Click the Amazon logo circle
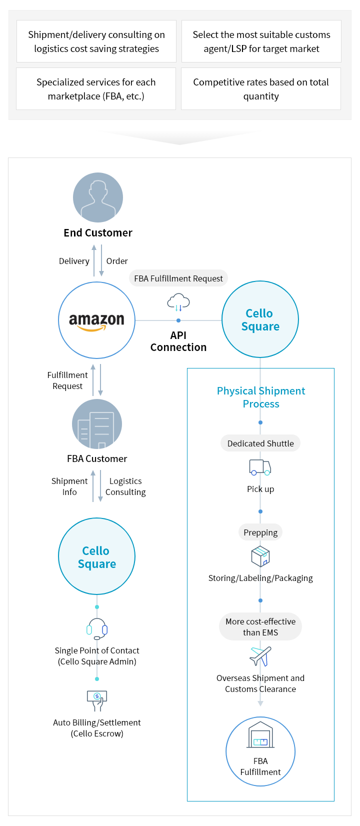point(96,320)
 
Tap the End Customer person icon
point(98,197)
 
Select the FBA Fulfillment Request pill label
point(178,278)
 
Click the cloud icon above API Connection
point(178,302)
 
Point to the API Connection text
point(178,341)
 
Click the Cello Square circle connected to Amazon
point(260,319)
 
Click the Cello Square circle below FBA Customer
point(96,556)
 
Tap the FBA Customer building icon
point(97,424)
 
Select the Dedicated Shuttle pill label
point(260,443)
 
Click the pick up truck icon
point(260,467)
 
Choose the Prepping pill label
point(260,532)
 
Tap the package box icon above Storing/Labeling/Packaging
point(260,556)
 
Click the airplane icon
point(260,656)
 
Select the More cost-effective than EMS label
point(260,627)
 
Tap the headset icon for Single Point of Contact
point(97,629)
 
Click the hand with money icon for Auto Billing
point(97,700)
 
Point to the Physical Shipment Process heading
point(261,397)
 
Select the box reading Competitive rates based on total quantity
point(261,89)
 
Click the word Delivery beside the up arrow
point(74,261)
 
